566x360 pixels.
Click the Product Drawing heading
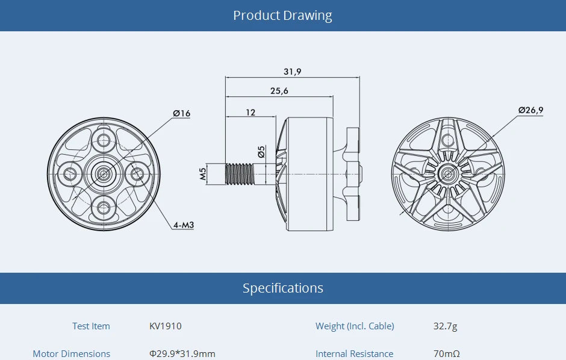[282, 16]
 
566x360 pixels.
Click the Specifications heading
[282, 288]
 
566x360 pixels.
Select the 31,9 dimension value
[292, 72]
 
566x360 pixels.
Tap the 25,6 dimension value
[279, 91]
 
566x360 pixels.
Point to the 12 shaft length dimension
[250, 112]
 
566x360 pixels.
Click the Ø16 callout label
[181, 113]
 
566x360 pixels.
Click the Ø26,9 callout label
[530, 110]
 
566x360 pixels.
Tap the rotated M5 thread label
[203, 175]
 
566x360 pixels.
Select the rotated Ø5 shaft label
[261, 152]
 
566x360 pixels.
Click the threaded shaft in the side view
[240, 175]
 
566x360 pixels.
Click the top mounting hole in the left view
[104, 141]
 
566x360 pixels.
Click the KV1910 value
[165, 326]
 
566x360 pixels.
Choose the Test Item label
[91, 326]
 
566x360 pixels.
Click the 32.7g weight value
[445, 326]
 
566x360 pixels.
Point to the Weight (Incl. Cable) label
[355, 326]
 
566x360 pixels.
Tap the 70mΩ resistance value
[446, 353]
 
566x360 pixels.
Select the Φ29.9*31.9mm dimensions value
[182, 353]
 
